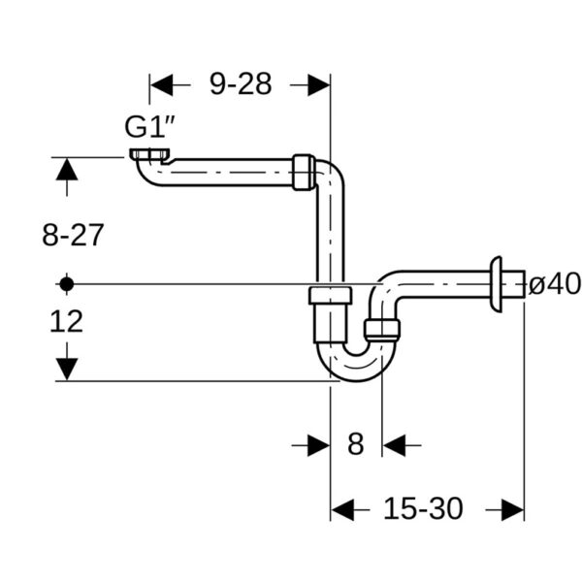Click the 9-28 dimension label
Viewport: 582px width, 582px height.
pos(241,84)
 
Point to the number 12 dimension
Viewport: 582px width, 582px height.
pos(66,321)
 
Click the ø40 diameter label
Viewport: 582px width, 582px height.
pos(554,284)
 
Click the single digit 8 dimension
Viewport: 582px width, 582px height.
pos(355,444)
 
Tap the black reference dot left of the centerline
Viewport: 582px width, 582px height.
pos(66,284)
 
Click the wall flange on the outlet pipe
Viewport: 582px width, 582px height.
pos(497,284)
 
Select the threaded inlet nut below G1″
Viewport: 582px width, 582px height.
pos(147,155)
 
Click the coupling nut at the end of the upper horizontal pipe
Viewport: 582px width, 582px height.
pos(304,171)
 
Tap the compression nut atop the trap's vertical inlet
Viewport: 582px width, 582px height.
pos(330,296)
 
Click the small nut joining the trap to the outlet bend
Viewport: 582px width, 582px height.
pos(382,328)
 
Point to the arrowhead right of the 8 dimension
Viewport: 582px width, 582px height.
pos(394,444)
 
